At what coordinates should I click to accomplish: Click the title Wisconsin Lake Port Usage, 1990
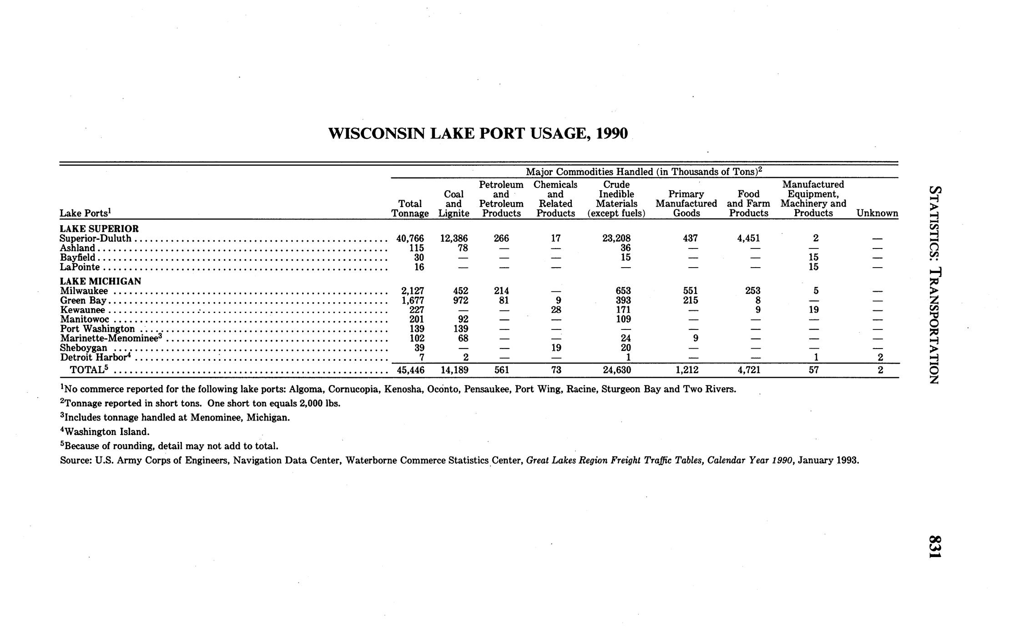click(478, 133)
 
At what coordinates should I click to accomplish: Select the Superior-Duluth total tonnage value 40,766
click(410, 238)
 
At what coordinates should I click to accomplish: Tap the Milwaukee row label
click(84, 291)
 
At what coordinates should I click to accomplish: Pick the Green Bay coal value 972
click(459, 300)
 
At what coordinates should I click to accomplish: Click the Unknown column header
click(877, 213)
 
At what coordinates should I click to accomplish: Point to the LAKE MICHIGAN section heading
click(101, 281)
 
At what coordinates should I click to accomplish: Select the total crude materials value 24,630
click(616, 370)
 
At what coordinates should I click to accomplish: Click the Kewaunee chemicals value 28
click(556, 310)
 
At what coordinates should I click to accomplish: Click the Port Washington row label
click(97, 329)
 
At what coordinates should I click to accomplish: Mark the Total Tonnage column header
click(410, 208)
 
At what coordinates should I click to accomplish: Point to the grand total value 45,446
click(410, 370)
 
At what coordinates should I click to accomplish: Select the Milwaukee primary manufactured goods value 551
click(691, 291)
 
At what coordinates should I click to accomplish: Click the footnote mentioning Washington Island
click(105, 431)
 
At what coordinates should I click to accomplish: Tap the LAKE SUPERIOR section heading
click(99, 228)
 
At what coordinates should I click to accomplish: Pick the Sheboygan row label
click(84, 348)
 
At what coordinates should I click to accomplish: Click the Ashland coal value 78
click(462, 248)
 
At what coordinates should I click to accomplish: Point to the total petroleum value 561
click(501, 370)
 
